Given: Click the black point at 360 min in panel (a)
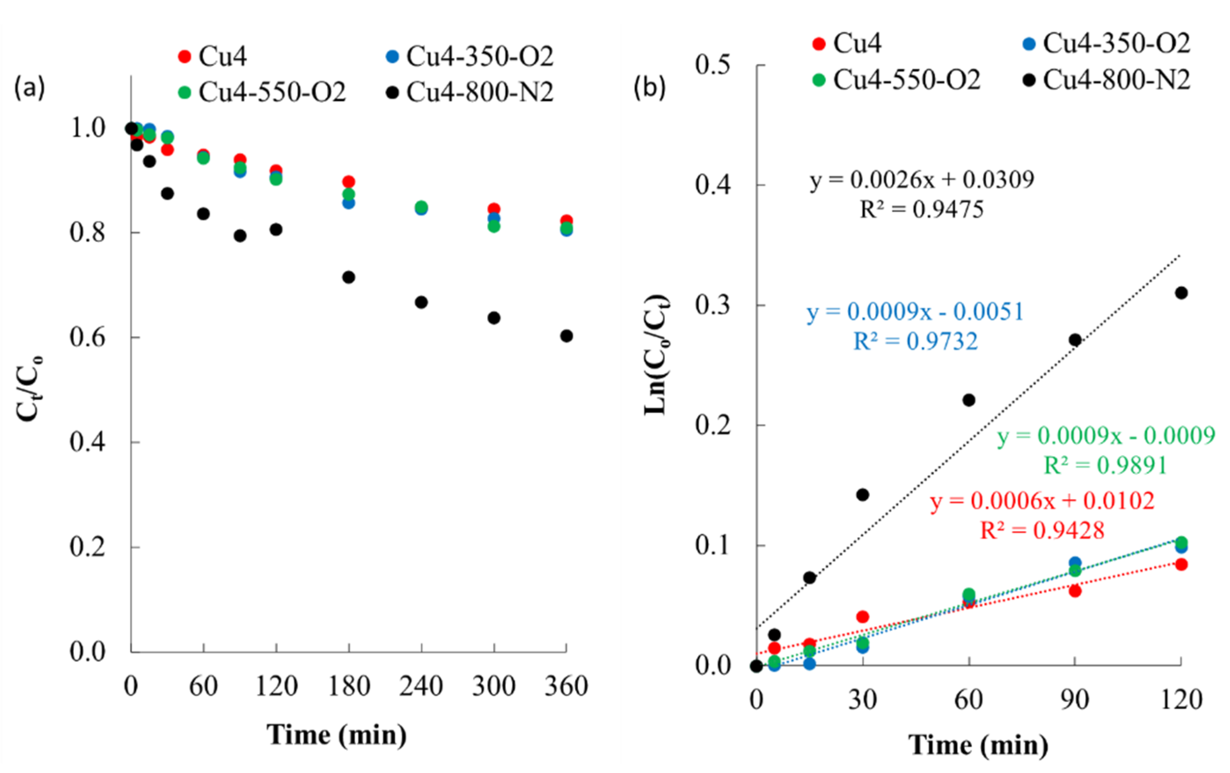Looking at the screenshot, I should (x=566, y=336).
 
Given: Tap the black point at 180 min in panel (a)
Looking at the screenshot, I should (x=348, y=277).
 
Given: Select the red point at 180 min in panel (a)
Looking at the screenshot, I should (x=348, y=181).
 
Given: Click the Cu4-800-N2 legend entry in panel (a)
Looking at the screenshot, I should (x=470, y=92).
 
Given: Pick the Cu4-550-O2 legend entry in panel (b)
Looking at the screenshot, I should (x=897, y=80).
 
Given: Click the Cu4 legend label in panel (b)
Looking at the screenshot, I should (x=857, y=43).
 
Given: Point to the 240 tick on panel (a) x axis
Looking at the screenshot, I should (x=421, y=686).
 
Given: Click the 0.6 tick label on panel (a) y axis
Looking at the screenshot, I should (x=88, y=337).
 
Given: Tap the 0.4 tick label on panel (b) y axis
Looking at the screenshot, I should (x=713, y=184).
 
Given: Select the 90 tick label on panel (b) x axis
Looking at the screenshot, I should (x=1075, y=700).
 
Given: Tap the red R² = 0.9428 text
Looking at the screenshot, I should (x=1042, y=530).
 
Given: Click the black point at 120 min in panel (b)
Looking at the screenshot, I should (x=1181, y=293).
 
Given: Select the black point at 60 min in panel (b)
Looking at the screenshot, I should (x=969, y=399).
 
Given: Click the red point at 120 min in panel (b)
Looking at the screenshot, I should (x=1181, y=564).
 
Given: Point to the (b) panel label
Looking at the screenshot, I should (x=650, y=88).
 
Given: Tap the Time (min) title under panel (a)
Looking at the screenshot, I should (x=336, y=735).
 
